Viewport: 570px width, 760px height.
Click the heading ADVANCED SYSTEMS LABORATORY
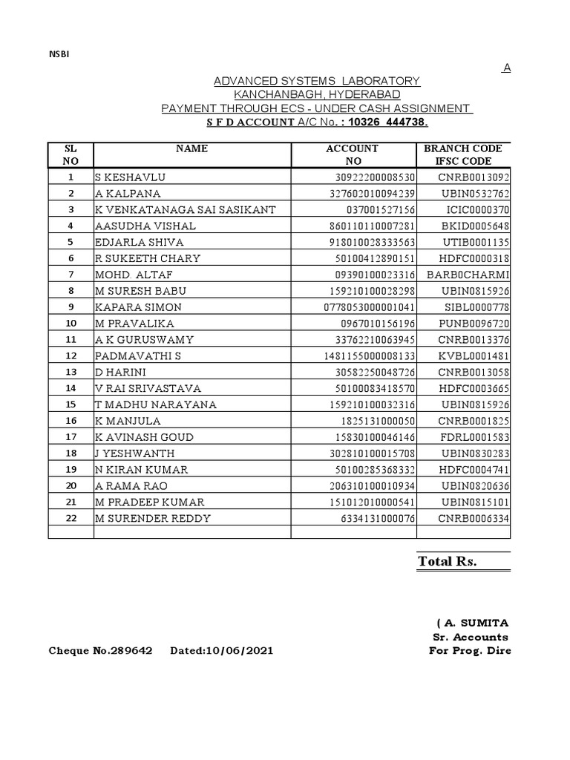pos(317,80)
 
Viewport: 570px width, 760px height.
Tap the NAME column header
pos(191,148)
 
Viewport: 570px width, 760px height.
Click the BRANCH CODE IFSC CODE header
pos(462,154)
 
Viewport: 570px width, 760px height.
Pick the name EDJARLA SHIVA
pos(139,242)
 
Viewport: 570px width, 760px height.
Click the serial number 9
pos(71,307)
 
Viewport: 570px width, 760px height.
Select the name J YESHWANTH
pos(135,453)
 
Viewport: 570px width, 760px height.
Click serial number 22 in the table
pos(71,518)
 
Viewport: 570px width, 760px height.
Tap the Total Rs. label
pos(447,562)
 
